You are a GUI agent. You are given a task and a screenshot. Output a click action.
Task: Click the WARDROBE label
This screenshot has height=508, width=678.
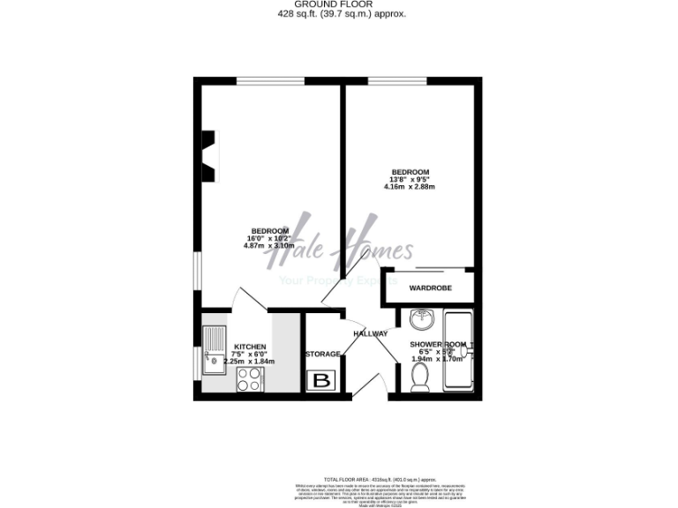pos(430,288)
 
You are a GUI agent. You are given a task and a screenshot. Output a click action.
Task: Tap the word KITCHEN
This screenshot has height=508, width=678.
pos(250,347)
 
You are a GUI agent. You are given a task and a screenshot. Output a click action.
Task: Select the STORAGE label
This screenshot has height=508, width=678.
pos(322,354)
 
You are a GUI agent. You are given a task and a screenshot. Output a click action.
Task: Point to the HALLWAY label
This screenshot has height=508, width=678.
pos(371,333)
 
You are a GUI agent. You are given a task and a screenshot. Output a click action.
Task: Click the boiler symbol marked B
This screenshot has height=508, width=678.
pos(321,381)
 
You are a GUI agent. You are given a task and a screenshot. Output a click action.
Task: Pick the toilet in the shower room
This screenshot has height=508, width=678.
pos(421,377)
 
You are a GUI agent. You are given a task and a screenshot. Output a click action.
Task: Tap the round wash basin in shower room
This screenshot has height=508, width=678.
pos(422,318)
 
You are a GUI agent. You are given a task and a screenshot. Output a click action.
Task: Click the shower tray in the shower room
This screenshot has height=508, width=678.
pos(458,351)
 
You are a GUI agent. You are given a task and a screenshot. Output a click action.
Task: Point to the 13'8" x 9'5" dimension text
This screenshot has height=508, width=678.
pos(411,179)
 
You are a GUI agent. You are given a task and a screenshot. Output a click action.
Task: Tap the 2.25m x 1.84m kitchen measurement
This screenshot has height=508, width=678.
pos(250,362)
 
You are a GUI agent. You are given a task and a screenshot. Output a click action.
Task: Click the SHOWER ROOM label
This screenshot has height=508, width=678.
pos(437,344)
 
